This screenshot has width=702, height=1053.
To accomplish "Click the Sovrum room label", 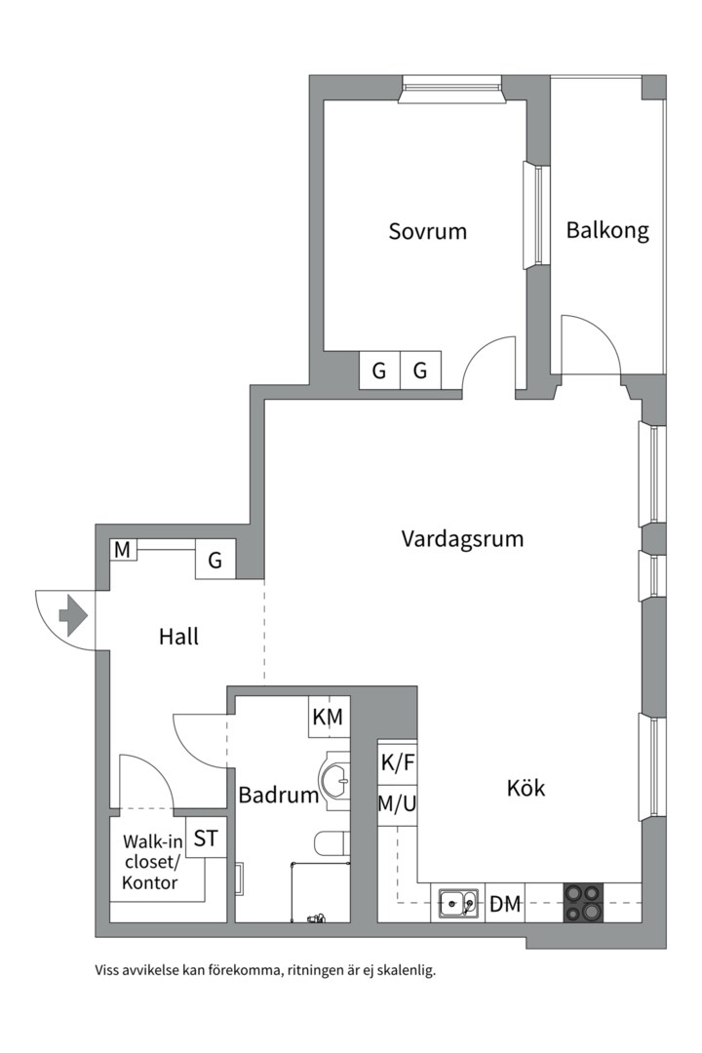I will click(427, 231).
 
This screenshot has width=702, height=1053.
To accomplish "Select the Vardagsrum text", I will click(462, 538).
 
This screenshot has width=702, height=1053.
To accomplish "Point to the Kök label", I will click(526, 788).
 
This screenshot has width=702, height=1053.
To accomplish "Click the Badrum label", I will click(279, 795).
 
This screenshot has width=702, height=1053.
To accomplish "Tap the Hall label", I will click(178, 637).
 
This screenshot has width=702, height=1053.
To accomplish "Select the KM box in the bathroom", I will click(329, 717).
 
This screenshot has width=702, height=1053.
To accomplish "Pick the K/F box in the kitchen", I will click(397, 763).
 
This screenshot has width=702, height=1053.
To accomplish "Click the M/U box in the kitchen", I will click(397, 804).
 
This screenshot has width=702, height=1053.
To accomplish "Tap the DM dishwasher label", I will click(505, 904).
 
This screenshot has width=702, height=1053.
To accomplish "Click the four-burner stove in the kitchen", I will click(583, 903).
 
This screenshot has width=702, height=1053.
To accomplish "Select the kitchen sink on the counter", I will click(457, 904).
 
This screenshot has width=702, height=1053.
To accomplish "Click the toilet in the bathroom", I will click(330, 843).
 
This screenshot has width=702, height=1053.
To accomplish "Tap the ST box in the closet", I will click(205, 838).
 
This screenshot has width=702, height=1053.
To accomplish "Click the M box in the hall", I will click(122, 551).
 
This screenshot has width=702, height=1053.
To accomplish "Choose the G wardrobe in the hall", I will click(215, 560).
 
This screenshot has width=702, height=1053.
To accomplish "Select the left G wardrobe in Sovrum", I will click(379, 370).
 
